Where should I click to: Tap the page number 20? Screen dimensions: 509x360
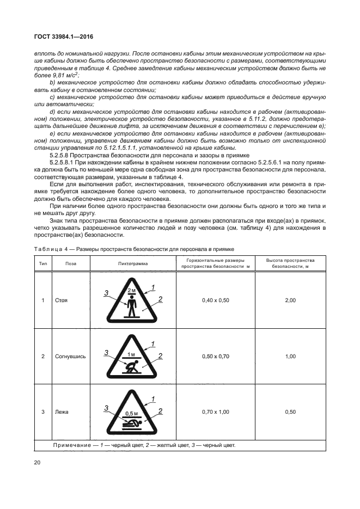click(38, 462)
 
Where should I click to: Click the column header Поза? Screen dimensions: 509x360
click(71, 263)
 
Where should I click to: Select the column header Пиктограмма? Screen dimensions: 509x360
click(132, 263)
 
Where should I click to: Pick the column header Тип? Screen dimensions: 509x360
click(43, 263)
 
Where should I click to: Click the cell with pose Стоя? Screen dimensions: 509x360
click(61, 300)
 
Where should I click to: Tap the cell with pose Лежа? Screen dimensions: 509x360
click(62, 412)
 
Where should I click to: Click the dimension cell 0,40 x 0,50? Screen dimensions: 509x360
click(216, 300)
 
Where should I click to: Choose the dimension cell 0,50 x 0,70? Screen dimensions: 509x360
click(216, 356)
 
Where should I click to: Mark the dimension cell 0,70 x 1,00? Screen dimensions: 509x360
click(216, 412)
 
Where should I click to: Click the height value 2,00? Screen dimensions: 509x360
click(290, 300)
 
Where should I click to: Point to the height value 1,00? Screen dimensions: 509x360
click(290, 356)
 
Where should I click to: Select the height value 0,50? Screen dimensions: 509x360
click(290, 412)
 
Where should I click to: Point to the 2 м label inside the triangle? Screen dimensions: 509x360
click(131, 291)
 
